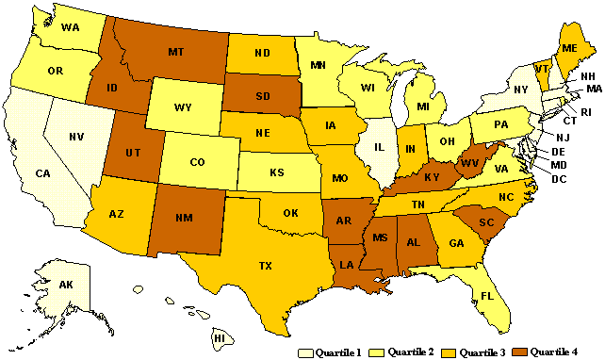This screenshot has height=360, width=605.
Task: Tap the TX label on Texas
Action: tap(267, 266)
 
